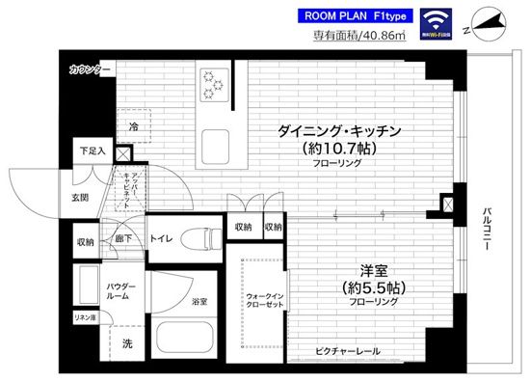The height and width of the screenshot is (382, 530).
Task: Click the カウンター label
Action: [x=91, y=70]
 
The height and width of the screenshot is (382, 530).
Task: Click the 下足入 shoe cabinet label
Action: [x=92, y=151]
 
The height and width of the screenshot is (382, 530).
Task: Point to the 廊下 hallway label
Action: [x=122, y=235]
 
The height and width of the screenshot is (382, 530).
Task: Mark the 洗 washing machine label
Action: [x=128, y=343]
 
